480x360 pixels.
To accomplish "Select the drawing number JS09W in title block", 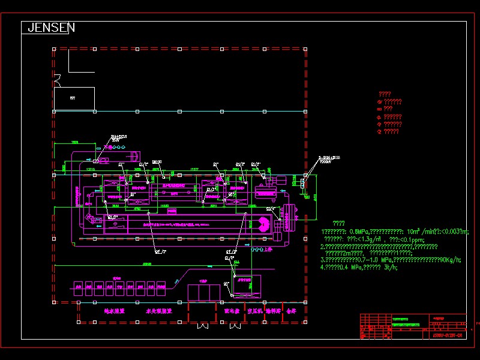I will [446, 335].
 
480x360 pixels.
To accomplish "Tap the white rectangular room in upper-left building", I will [74, 98].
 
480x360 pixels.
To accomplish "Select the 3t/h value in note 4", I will [391, 268].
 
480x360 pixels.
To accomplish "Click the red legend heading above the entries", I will [385, 94].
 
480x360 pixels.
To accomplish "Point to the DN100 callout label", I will [157, 161].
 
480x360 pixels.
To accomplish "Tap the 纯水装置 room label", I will [114, 311].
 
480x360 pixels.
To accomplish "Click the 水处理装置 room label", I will [159, 311].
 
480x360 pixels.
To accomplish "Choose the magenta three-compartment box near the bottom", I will [205, 293].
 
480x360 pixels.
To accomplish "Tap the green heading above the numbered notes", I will [338, 223].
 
